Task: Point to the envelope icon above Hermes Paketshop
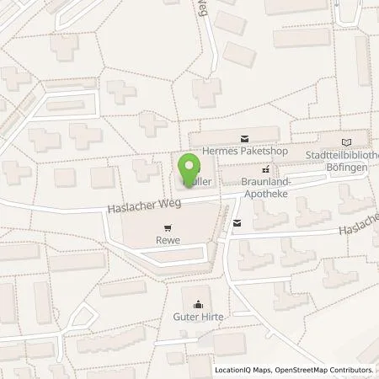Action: coord(245,136)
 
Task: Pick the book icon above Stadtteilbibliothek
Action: coord(348,142)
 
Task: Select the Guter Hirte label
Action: coord(198,317)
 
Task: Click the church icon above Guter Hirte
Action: coord(198,304)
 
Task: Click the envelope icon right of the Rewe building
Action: coord(237,222)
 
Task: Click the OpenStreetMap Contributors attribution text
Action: coord(328,370)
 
